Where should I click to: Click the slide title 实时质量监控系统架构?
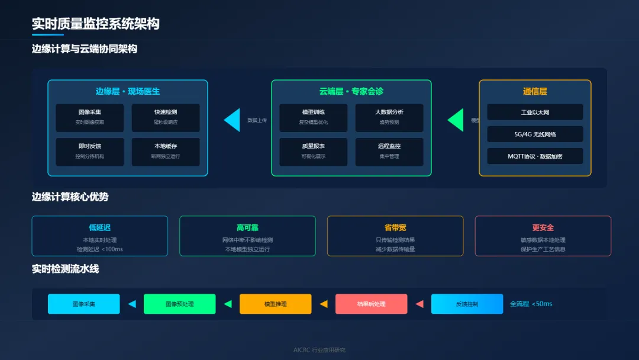tap(95, 24)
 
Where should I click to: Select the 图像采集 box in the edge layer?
tap(90, 117)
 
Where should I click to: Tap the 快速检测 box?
tap(166, 117)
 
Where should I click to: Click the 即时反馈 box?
tap(90, 152)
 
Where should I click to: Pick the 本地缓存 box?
tap(166, 152)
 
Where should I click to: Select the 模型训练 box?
tap(314, 117)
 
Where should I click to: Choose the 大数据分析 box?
tap(389, 117)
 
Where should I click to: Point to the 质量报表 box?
tap(314, 152)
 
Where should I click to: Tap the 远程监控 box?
tap(389, 152)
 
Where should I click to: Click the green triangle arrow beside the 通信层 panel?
tap(456, 120)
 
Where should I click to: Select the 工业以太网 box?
tap(535, 112)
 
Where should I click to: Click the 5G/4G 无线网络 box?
tap(535, 134)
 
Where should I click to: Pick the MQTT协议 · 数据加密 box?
tap(535, 156)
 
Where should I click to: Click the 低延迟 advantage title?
tap(99, 227)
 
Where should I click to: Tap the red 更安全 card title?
tap(543, 227)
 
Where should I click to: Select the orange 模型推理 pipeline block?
tap(275, 304)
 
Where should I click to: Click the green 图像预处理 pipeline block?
tap(179, 304)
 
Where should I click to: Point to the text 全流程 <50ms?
tap(531, 304)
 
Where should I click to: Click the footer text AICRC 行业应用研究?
tap(319, 350)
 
